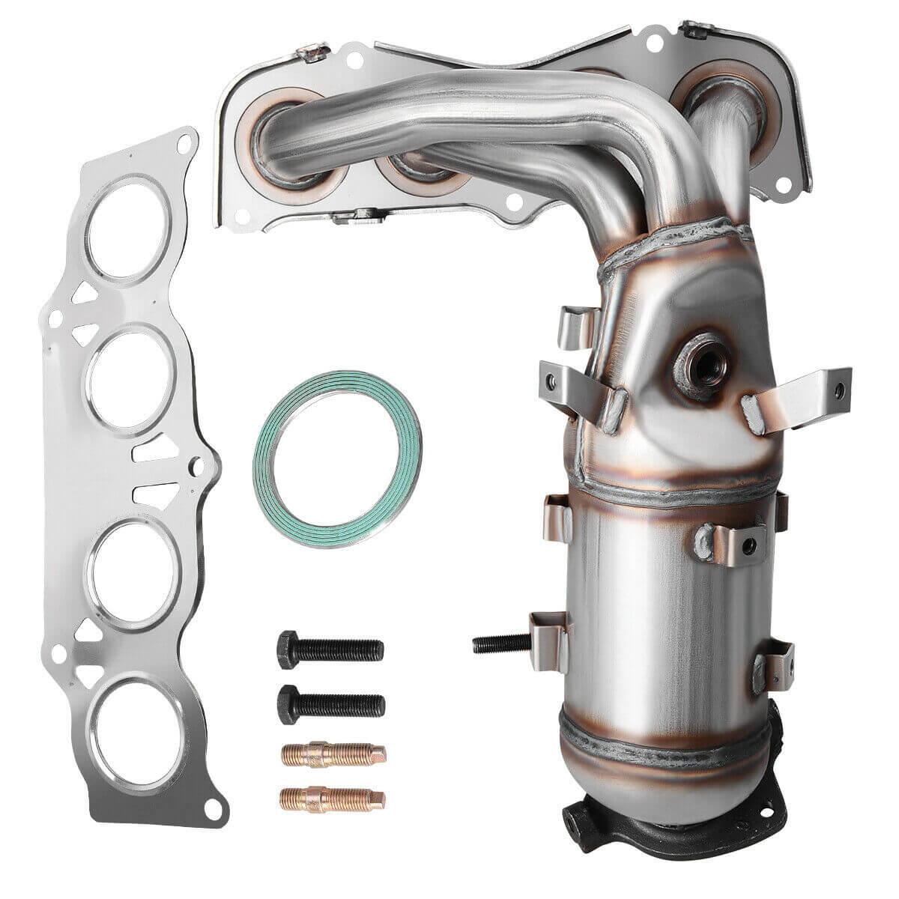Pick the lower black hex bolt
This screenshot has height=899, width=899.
tap(330, 702)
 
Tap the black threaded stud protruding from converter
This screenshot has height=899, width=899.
tap(501, 642)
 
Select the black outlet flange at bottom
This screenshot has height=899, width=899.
tap(659, 824)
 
